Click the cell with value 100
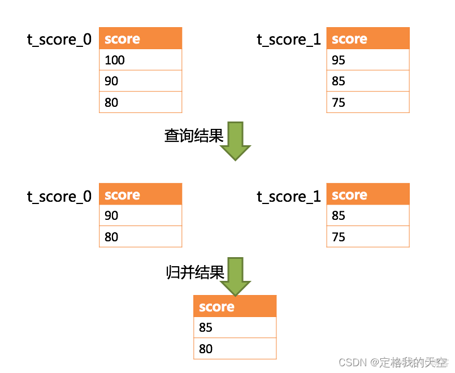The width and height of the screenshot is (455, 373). tap(140, 60)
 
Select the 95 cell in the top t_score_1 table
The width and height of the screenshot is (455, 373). tap(367, 60)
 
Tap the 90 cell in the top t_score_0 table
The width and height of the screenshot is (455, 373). tap(140, 81)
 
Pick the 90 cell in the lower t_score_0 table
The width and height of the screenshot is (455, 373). tap(140, 215)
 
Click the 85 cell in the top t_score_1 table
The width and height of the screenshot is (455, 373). tap(367, 81)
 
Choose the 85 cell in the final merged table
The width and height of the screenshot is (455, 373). tap(235, 327)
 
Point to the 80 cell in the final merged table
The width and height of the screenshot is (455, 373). tap(235, 349)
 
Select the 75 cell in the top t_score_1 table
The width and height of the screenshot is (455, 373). tap(367, 102)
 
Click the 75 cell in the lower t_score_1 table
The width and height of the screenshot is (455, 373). tap(367, 237)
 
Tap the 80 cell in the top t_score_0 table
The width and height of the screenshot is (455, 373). tap(140, 102)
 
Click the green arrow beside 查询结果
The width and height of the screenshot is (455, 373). tap(235, 141)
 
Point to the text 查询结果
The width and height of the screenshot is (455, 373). tap(194, 136)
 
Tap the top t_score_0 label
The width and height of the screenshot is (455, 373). tap(59, 40)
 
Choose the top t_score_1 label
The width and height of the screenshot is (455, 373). tap(289, 40)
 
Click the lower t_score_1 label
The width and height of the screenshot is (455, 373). tap(289, 196)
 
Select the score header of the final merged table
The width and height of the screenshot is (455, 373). tap(235, 306)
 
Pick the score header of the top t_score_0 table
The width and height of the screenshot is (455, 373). tap(140, 38)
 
